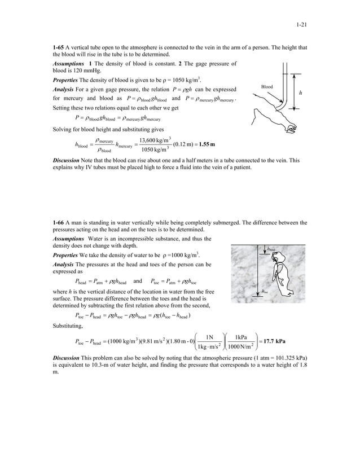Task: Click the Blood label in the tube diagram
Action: (267, 86)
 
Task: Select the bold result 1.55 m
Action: (199, 144)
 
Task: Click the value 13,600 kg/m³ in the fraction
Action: (157, 139)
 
